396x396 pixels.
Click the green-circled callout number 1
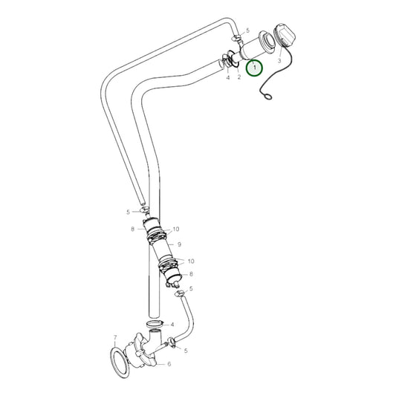point(255,68)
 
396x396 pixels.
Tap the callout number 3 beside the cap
point(279,61)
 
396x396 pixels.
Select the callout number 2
point(238,77)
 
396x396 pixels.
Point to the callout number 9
point(179,244)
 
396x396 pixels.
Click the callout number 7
point(115,338)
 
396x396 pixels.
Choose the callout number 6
point(169,364)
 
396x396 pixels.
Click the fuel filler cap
point(285,37)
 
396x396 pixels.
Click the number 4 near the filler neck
point(227,77)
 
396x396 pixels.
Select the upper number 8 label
point(132,229)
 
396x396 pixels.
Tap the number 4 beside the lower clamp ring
point(172,325)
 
